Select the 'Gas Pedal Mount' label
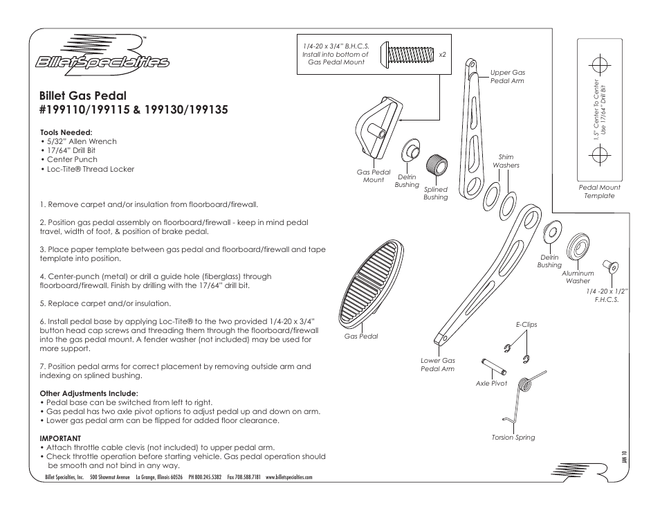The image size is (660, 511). coord(373,176)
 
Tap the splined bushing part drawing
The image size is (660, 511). coord(435,166)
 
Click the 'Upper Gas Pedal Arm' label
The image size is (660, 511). coord(507,76)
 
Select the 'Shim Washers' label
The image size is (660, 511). coord(506,161)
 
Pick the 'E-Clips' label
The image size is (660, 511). coord(526,324)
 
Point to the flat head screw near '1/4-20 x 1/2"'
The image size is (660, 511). coord(610,266)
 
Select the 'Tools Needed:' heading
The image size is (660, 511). coord(66,132)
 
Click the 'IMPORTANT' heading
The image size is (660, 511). coord(60,438)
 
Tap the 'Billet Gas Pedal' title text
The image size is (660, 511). coord(83,95)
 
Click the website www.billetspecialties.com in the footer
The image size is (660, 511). coord(289,478)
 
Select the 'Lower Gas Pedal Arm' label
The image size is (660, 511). coord(437,365)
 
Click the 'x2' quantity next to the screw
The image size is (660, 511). coord(442,53)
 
